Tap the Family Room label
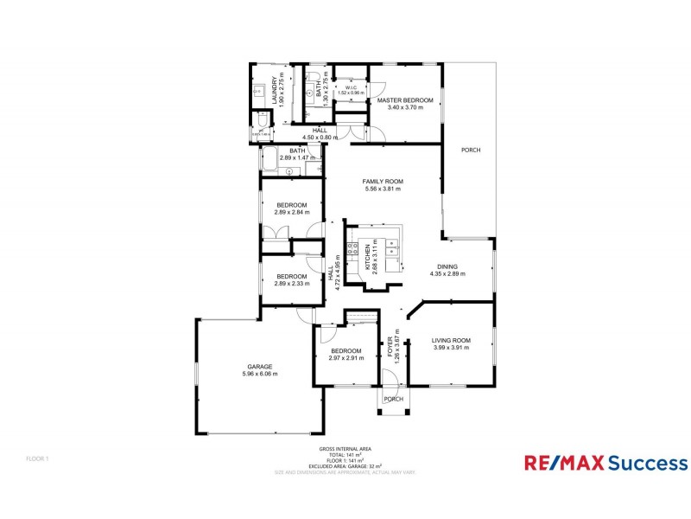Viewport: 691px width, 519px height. coord(384,182)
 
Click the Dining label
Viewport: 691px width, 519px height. coord(447,266)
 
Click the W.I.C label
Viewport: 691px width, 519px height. coord(352,87)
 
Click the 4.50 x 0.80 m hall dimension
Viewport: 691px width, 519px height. coord(320,138)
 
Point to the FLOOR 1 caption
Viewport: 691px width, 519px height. coord(39,458)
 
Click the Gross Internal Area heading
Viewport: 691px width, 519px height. coord(345,449)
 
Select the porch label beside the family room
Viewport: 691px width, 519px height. coord(471,151)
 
